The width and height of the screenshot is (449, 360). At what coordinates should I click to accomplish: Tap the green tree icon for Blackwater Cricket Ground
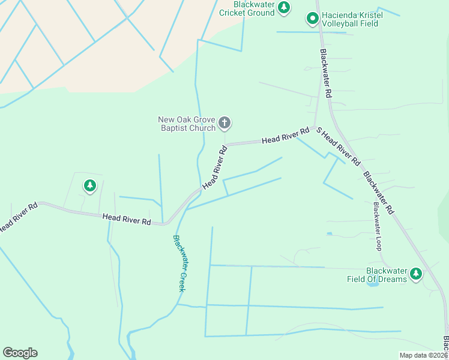pos(284,8)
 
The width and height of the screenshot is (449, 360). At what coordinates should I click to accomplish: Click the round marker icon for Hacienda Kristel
pos(312,19)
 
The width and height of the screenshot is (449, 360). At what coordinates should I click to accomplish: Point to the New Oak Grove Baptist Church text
pos(187,124)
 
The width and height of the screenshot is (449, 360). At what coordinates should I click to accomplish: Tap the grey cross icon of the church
pos(224,124)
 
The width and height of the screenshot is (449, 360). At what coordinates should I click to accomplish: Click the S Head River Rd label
pos(338,146)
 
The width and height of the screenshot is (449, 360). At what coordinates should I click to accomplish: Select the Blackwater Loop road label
pos(378,226)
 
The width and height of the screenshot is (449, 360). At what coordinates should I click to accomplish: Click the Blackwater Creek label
pos(179,263)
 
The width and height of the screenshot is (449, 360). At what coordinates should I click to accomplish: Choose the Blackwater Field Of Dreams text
pos(377,275)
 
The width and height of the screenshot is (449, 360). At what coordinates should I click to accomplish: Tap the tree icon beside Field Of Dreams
pos(416,275)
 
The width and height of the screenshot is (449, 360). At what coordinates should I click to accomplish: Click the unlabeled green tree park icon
pos(90,186)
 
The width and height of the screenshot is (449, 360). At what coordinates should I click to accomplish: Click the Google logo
pos(20,353)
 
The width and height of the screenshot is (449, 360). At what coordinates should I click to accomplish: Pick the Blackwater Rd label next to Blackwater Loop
pos(378,193)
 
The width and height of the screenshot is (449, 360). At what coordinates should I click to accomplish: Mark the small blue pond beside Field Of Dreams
pos(372,283)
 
